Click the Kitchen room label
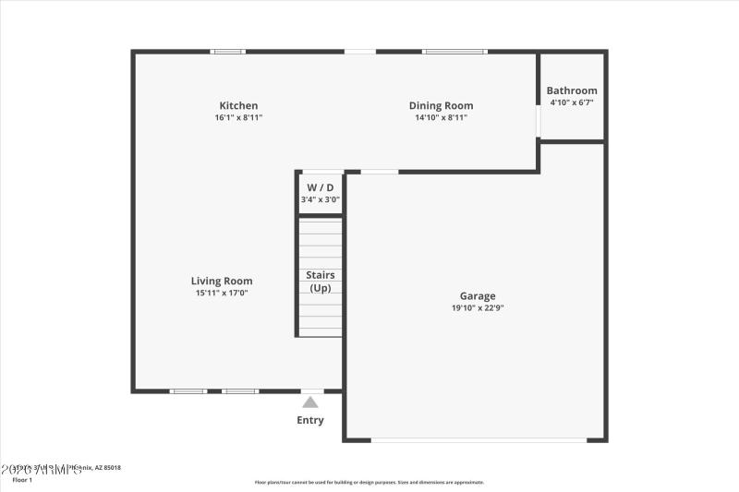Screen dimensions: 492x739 [238, 105]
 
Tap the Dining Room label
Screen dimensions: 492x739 [441, 105]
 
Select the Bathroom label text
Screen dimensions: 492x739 [572, 90]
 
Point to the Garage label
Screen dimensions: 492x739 [478, 296]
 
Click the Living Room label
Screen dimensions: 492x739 [222, 281]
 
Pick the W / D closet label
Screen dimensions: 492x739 [320, 187]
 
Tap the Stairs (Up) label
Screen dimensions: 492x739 [320, 282]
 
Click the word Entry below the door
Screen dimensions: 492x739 [310, 421]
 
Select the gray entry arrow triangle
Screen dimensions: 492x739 [310, 402]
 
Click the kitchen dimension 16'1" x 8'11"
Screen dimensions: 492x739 [238, 118]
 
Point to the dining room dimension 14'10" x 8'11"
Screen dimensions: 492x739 [441, 118]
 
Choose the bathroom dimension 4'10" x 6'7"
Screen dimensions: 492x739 [572, 102]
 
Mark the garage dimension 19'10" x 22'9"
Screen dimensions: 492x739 [478, 308]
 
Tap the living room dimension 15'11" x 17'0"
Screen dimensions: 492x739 [222, 293]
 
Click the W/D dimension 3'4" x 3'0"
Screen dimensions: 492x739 [320, 199]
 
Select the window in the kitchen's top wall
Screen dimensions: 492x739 [227, 52]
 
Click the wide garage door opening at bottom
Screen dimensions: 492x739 [479, 440]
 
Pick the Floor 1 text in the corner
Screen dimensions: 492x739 [22, 480]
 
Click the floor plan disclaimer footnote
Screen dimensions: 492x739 [369, 482]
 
